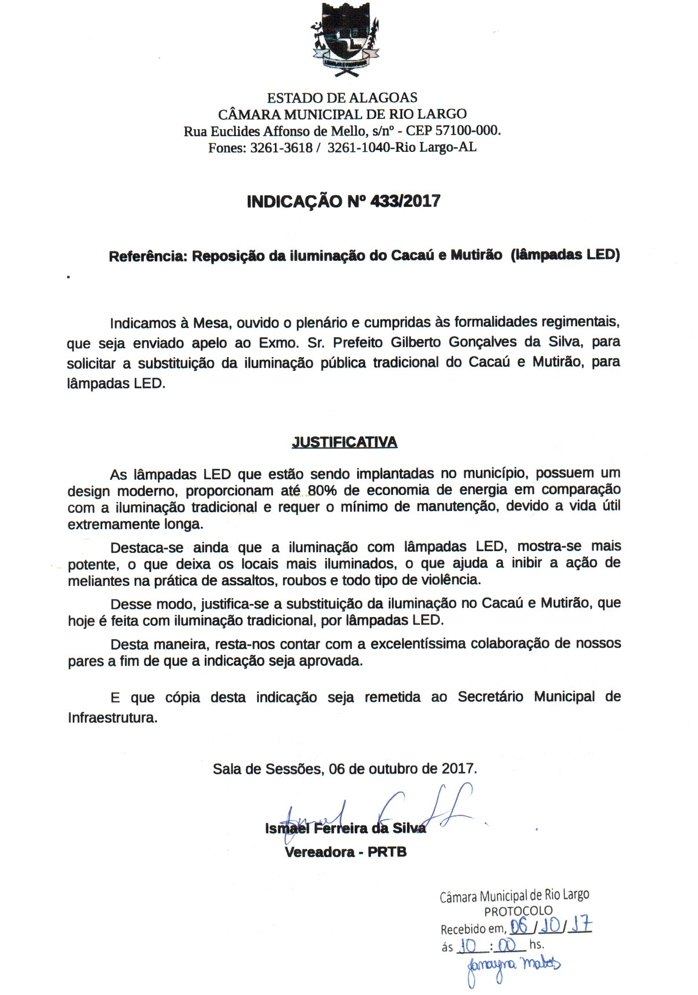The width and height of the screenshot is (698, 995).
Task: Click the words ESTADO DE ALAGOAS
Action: tap(342, 97)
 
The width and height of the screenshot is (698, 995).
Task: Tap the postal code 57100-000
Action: tap(467, 130)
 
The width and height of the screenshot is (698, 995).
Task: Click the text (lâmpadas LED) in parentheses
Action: tap(565, 254)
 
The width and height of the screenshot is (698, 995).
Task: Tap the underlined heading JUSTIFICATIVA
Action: tap(344, 442)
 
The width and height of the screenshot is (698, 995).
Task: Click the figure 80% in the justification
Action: tap(322, 490)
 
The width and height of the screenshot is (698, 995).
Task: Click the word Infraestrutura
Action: tap(112, 717)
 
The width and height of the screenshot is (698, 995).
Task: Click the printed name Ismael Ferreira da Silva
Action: tap(345, 828)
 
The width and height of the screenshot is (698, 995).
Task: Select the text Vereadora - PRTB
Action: tap(345, 852)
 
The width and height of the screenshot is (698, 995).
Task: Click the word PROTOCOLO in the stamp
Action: tap(518, 911)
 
